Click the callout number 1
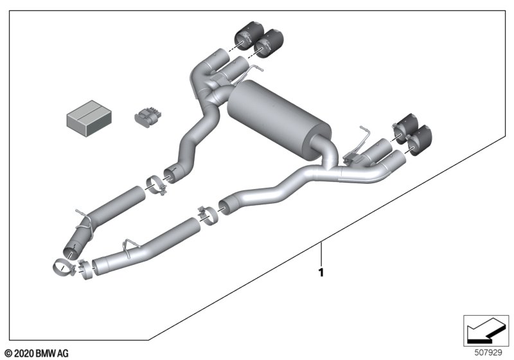321,273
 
